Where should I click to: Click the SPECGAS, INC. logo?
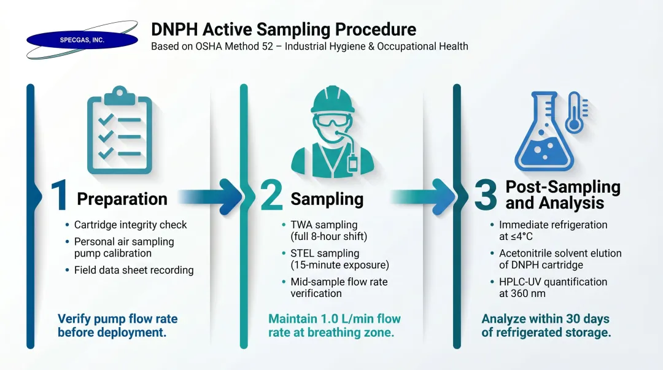pyautogui.click(x=82, y=40)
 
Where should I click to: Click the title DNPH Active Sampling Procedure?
pyautogui.click(x=284, y=29)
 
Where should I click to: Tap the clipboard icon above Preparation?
pyautogui.click(x=120, y=130)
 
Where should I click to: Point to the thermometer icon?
pyautogui.click(x=575, y=113)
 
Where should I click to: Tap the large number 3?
pyautogui.click(x=485, y=197)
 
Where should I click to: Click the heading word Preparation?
pyautogui.click(x=122, y=199)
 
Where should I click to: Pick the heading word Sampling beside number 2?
pyautogui.click(x=327, y=199)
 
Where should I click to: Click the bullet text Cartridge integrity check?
pyautogui.click(x=130, y=225)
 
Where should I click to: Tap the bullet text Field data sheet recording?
pyautogui.click(x=134, y=270)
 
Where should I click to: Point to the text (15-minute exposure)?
pyautogui.click(x=339, y=265)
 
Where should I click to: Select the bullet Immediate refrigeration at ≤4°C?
pyautogui.click(x=552, y=230)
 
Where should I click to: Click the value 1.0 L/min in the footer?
pyautogui.click(x=351, y=319)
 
